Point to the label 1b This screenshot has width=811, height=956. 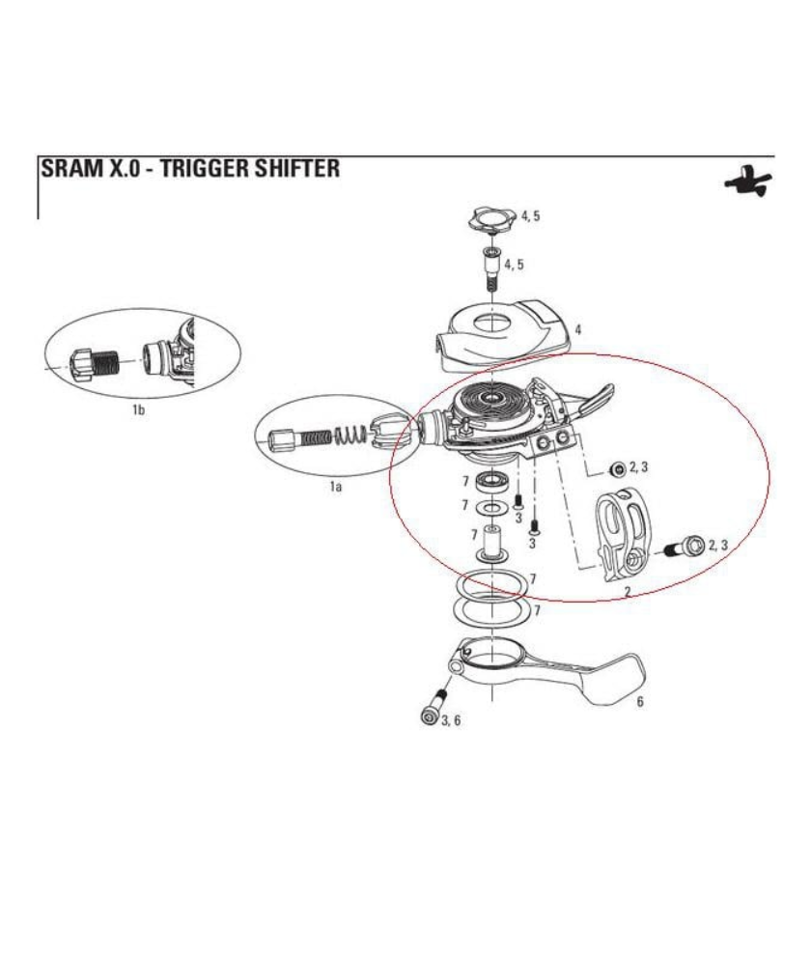[x=138, y=409]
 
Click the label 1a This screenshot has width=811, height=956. [x=335, y=487]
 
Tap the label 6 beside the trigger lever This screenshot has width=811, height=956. [x=639, y=702]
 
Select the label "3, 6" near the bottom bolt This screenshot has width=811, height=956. [x=450, y=720]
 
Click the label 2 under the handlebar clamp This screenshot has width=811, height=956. [x=628, y=590]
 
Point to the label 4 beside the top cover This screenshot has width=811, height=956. [x=577, y=330]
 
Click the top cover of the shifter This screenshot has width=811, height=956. [x=502, y=333]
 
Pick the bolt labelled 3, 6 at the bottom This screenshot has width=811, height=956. [x=432, y=708]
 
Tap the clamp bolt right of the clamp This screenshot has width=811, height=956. [x=685, y=548]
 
